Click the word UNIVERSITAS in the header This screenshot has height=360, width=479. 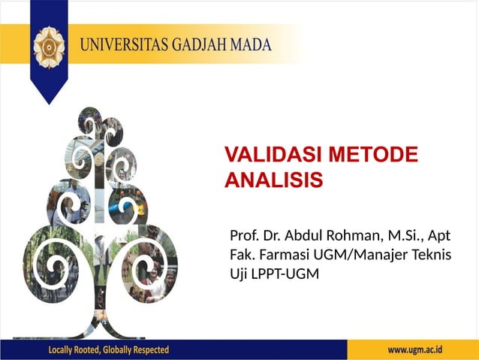[x=123, y=43]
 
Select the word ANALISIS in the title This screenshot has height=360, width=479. [x=273, y=180]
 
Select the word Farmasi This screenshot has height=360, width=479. [x=285, y=256]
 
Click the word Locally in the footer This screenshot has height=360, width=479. [x=65, y=350]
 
